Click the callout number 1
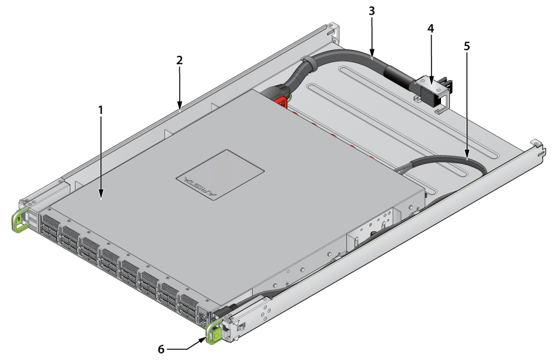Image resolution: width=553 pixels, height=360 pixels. pos(101,110)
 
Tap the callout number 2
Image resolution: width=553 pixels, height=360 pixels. pos(179,60)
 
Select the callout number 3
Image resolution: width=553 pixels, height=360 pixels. pos(371,11)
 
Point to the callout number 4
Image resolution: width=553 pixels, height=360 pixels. pos(431,28)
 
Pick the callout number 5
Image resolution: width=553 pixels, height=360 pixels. pos(467,46)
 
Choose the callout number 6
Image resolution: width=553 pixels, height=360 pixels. pos(161,349)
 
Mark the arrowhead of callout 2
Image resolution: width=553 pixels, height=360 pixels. pos(180,105)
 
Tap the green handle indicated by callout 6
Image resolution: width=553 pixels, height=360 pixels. pos(214,331)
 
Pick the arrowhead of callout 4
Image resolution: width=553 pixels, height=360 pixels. pos(431,81)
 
